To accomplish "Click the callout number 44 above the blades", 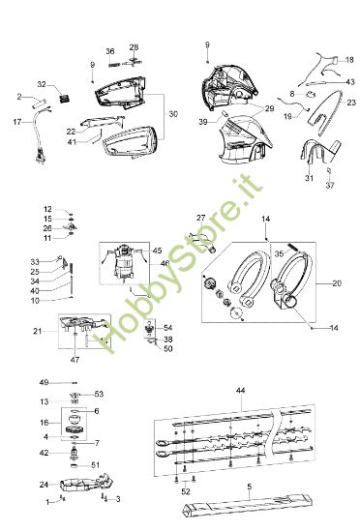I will pyautogui.click(x=240, y=389).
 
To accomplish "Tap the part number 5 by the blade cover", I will pyautogui.click(x=248, y=488).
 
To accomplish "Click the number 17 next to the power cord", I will pyautogui.click(x=16, y=123).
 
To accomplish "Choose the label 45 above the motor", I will pyautogui.click(x=157, y=251).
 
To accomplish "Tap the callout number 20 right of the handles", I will pyautogui.click(x=336, y=283).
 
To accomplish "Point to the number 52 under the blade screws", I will pyautogui.click(x=186, y=491).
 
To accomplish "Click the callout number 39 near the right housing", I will pyautogui.click(x=203, y=123).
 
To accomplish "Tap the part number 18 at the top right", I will pyautogui.click(x=349, y=60).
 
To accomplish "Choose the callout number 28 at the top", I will pyautogui.click(x=134, y=46).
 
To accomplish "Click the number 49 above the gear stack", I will pyautogui.click(x=45, y=383).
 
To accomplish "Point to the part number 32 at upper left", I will pyautogui.click(x=42, y=84).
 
